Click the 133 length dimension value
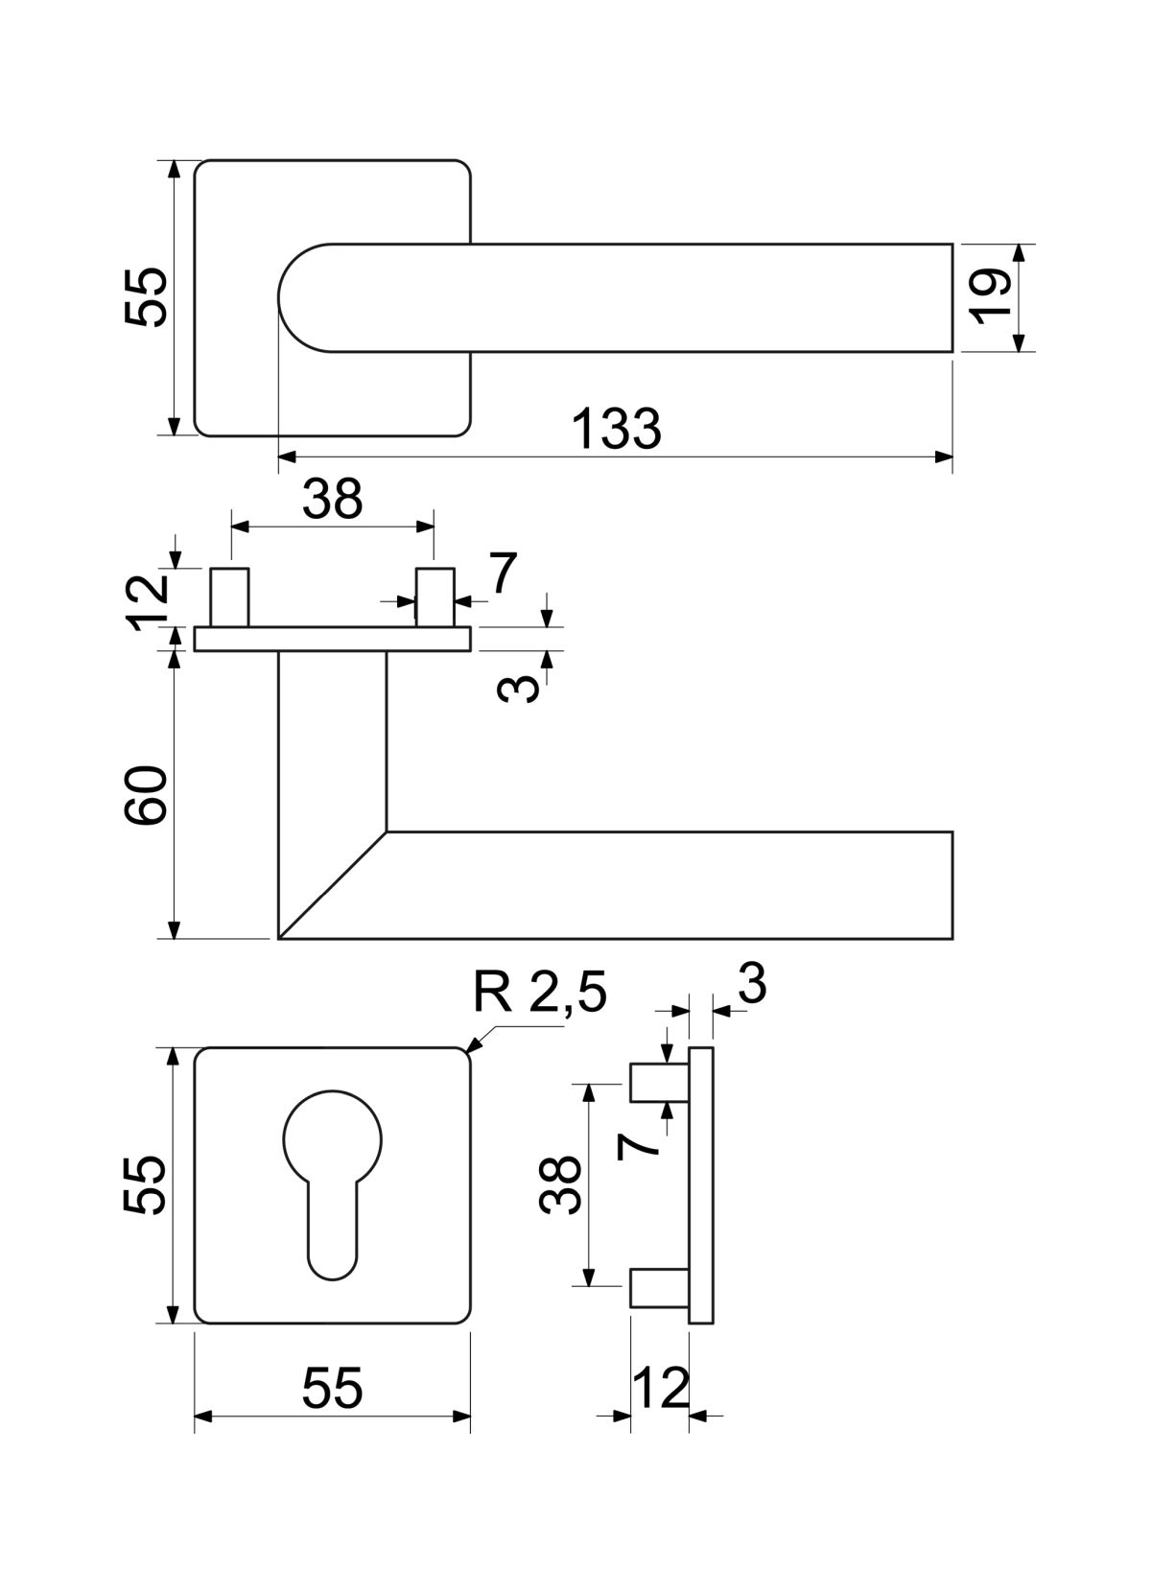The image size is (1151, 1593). (616, 430)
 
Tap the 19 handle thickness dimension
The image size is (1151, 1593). (994, 297)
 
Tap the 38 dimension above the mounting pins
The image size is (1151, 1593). (332, 499)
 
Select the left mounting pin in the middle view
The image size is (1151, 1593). (230, 597)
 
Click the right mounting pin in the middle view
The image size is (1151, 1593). (435, 597)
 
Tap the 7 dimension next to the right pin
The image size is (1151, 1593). (502, 574)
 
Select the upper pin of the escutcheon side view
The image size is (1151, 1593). (660, 1083)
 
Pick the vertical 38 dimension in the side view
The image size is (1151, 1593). (560, 1184)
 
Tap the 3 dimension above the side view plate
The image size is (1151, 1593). (752, 984)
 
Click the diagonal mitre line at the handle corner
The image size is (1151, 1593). (332, 884)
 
